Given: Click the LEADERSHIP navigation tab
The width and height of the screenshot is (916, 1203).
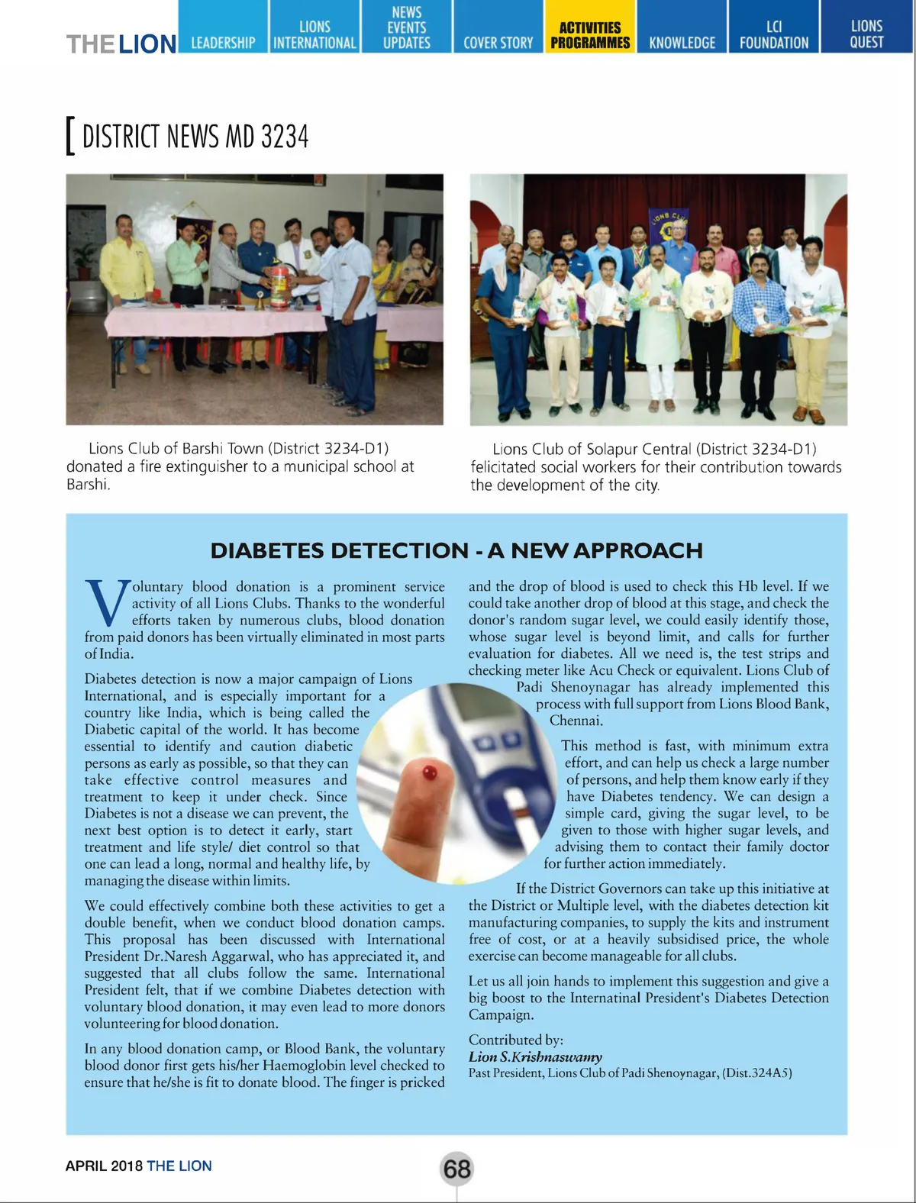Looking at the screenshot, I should (223, 42).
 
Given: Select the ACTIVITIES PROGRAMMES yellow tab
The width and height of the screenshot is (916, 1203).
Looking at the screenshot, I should (590, 35).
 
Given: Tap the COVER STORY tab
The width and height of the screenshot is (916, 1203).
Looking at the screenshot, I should (498, 42).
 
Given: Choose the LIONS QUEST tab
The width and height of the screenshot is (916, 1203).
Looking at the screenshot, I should (866, 34).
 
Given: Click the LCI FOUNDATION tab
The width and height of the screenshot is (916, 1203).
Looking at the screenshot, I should (773, 35).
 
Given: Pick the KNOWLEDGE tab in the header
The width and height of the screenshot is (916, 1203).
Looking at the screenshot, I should (682, 42).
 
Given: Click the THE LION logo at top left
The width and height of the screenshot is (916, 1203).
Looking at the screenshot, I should (121, 44).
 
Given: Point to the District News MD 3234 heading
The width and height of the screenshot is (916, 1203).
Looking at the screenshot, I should (195, 137).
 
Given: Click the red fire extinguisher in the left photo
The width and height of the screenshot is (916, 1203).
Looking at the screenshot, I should (281, 288).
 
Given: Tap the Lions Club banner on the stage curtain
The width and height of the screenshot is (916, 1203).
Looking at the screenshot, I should (669, 226).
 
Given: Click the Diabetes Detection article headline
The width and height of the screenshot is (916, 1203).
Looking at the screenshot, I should (456, 550).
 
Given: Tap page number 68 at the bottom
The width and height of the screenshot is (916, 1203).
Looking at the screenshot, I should (456, 1169).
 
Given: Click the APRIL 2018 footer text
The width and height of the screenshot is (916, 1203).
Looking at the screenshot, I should (104, 1166).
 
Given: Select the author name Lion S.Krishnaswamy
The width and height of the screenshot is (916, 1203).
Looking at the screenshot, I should (535, 1056).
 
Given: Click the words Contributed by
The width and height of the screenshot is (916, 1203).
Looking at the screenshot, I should (516, 1040).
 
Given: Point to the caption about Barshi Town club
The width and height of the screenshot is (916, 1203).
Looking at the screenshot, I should (240, 466).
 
